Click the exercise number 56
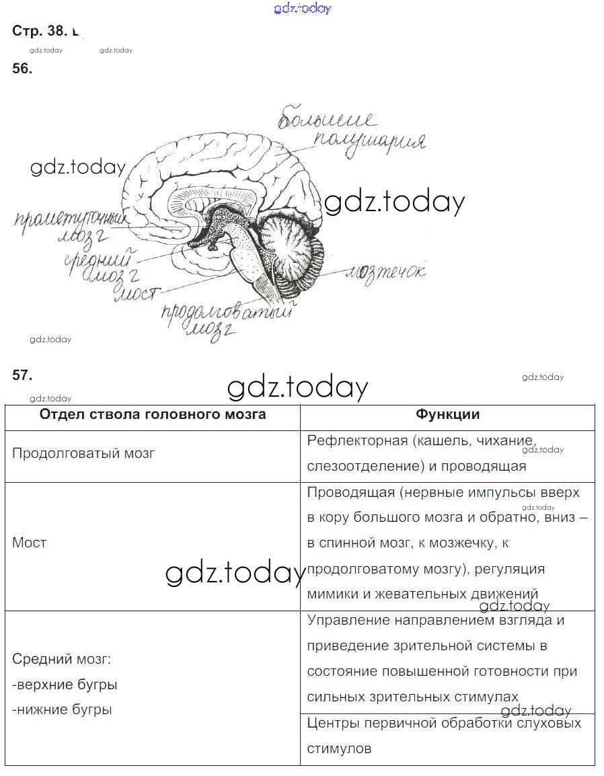(22, 68)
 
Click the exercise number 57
(22, 375)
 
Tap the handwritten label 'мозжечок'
(385, 272)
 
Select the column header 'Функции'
(447, 415)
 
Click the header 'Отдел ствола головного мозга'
(153, 414)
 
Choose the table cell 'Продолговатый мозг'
(83, 453)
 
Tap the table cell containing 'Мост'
(30, 543)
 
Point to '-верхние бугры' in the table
(65, 685)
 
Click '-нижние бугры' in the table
(62, 709)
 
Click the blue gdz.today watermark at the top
(303, 8)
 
